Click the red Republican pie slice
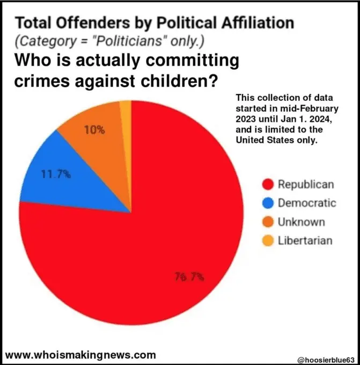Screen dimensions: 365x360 [x=161, y=231]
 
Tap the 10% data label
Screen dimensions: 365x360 [x=94, y=130]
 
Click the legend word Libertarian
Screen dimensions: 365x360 [x=305, y=240]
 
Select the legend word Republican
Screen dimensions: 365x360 [x=306, y=185]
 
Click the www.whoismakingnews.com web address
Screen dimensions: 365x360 [x=80, y=354]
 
